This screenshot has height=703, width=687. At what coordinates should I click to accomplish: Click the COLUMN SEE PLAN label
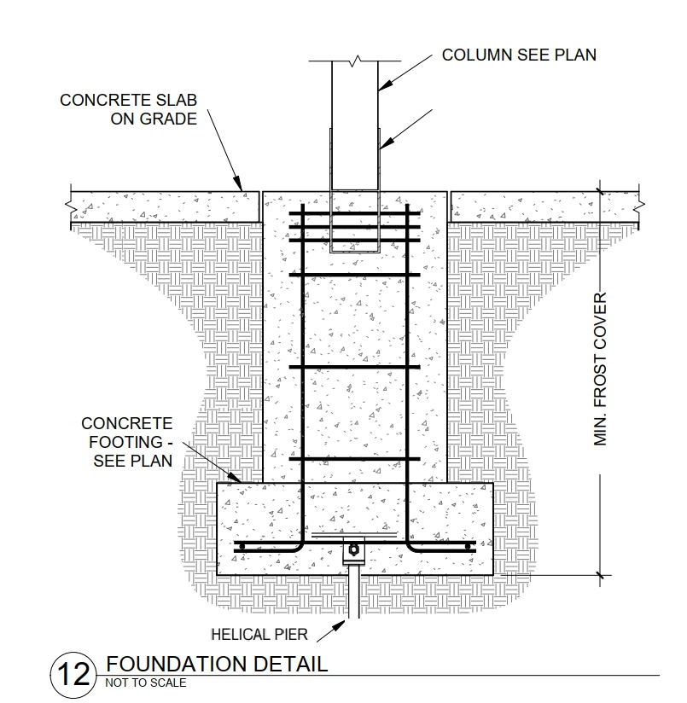point(519,55)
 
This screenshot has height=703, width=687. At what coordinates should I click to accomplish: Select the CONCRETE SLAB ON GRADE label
point(129,109)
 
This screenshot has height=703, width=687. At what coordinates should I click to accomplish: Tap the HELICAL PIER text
point(259,635)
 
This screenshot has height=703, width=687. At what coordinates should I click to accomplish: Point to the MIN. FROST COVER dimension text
point(600,369)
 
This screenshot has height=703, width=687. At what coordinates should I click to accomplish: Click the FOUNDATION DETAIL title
point(217,664)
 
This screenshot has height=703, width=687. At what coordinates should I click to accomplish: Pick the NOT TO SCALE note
point(146,683)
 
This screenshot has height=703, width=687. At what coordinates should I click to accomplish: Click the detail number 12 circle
point(73,675)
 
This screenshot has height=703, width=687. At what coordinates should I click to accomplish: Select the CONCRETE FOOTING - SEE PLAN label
point(127,442)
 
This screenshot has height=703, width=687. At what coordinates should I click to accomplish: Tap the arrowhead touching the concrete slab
point(238,184)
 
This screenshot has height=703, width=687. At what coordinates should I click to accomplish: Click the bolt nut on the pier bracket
point(353,549)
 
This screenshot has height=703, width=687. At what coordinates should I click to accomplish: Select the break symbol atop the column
point(355,61)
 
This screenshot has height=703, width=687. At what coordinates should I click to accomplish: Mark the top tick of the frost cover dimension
point(600,191)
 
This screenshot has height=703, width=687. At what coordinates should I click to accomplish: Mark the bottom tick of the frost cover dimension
point(600,575)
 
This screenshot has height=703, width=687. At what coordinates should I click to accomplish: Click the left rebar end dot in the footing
point(242,547)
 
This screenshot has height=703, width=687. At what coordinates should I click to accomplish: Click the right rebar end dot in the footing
point(468,547)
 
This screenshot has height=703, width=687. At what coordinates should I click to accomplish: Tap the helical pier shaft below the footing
point(354,592)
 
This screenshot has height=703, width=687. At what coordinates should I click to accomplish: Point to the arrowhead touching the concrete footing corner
point(235,477)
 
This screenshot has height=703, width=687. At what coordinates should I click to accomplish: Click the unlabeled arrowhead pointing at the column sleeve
point(387,142)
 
